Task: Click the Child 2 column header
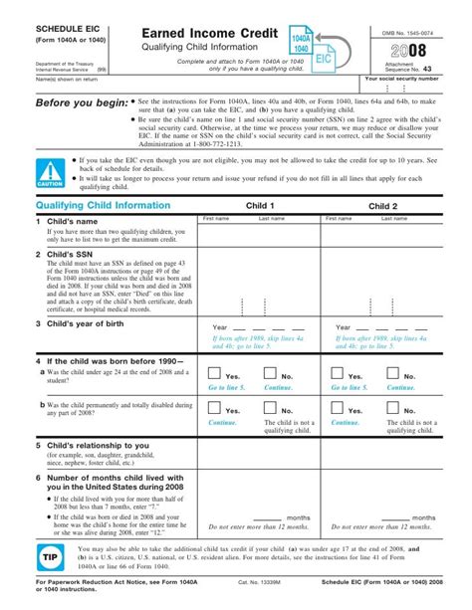[x=382, y=206]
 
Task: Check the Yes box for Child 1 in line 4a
[x=215, y=373]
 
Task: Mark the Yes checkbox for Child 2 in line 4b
[x=339, y=407]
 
